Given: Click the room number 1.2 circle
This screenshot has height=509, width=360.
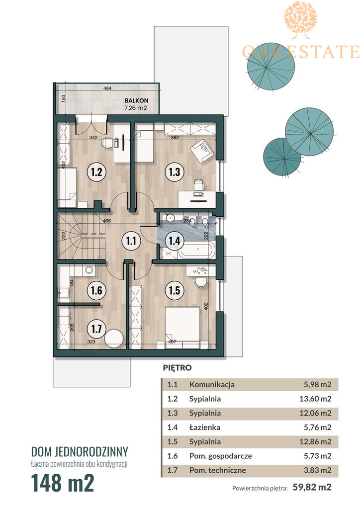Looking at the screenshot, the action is tap(96, 171).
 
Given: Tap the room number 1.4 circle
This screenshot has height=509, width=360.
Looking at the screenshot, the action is tap(175, 241).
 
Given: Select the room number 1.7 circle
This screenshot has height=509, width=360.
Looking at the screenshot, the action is tap(96, 329).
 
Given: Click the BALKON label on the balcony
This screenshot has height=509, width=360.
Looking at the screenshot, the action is tap(136, 101).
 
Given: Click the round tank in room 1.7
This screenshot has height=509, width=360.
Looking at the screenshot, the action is tap(114, 339).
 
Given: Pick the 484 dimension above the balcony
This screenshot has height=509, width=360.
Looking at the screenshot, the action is tap(107, 88).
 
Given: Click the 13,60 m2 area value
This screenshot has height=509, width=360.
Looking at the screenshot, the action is tap(315, 399).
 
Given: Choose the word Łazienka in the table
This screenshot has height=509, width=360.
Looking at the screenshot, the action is tap(205, 427).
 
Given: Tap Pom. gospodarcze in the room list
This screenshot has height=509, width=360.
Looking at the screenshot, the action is tap(221, 456).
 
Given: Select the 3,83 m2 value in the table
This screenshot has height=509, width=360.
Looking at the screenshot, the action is tap(317, 470).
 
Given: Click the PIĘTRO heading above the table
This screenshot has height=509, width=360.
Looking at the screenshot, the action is tap(177, 368).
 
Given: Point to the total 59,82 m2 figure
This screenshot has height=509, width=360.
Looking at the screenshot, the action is tap(312, 487).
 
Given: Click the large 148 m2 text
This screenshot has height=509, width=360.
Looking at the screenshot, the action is tap(63, 483).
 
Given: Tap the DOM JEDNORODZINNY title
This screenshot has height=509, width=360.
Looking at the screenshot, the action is tap(80, 451).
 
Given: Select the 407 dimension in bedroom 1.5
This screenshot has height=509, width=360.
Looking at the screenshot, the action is tap(172, 341).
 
